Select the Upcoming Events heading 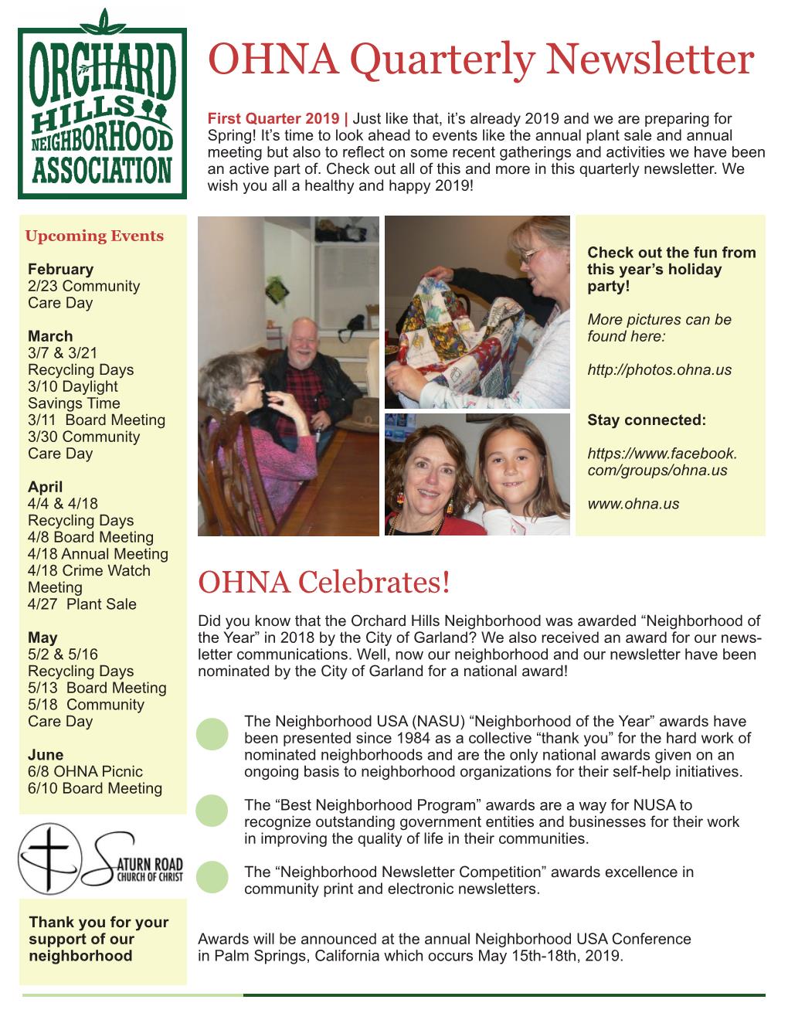[94, 236]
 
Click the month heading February [60, 270]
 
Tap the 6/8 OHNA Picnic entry [85, 771]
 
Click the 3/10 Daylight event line [73, 386]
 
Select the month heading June [46, 755]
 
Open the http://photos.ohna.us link [659, 370]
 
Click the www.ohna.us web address [633, 504]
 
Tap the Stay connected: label [647, 420]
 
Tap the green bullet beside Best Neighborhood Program [212, 811]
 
